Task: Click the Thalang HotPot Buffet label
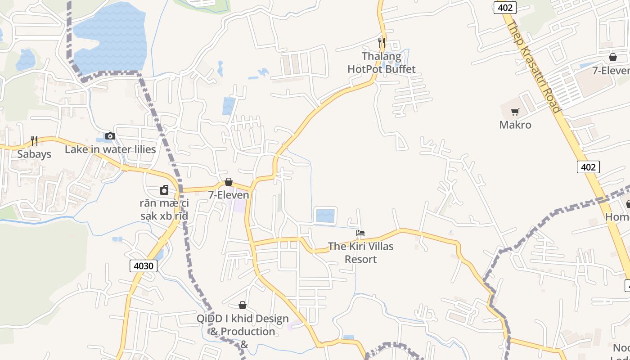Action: [382, 63]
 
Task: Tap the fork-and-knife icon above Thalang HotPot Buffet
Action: [382, 42]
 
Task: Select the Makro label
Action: [515, 125]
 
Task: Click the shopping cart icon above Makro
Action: [515, 112]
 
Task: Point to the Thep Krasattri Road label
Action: [534, 67]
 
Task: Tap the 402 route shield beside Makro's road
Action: [588, 167]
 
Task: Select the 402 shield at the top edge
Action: [504, 7]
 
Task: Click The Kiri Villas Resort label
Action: [360, 252]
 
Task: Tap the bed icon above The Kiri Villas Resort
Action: [360, 233]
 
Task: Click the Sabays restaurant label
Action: [34, 154]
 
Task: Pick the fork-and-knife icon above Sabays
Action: [34, 140]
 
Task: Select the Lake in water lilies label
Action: [110, 149]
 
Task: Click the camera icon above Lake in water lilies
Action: [110, 136]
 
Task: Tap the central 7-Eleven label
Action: [229, 195]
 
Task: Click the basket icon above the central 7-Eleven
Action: [229, 182]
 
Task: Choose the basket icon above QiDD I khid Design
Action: [243, 305]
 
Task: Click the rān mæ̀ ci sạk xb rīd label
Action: [164, 209]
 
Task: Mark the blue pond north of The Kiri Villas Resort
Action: [325, 215]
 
